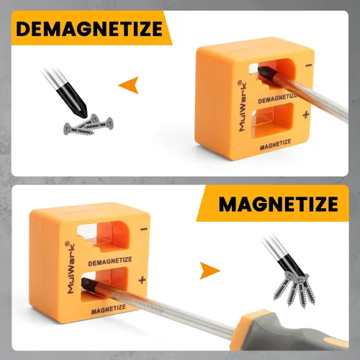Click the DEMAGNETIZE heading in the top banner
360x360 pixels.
(89, 29)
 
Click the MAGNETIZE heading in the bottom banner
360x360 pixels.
(279, 204)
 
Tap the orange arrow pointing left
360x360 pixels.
(129, 85)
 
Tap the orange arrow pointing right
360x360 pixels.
(210, 271)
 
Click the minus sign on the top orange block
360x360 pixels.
(309, 65)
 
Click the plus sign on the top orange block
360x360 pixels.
(306, 115)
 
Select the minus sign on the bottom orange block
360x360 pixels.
(144, 229)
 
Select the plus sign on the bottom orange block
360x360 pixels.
(142, 280)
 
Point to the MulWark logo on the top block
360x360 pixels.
(242, 106)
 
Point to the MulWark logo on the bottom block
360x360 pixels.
(70, 268)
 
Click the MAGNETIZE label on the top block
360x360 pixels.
(275, 145)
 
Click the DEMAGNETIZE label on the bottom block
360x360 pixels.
(110, 261)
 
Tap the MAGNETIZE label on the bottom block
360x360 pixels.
(109, 310)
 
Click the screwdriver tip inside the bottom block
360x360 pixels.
(89, 286)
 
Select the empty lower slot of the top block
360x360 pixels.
(272, 121)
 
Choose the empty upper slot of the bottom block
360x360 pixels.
(104, 236)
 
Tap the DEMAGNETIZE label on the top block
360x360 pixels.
(277, 99)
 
